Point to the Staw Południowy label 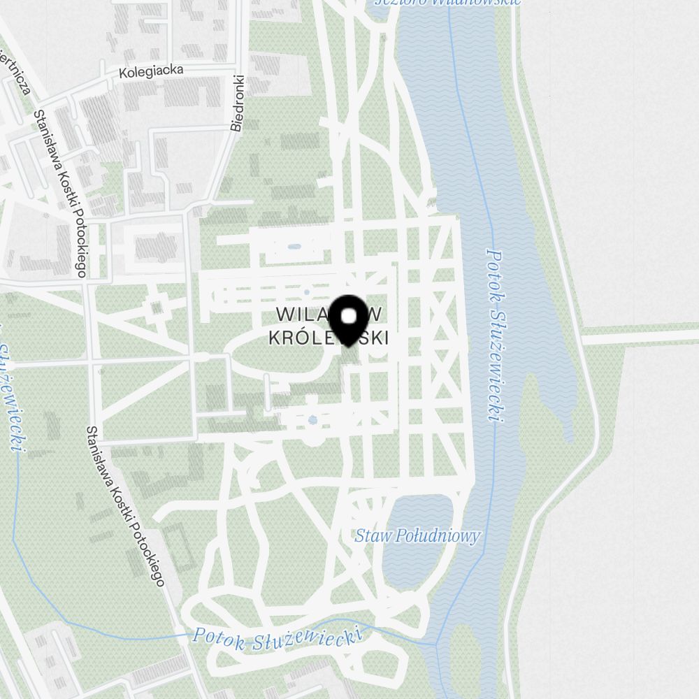tap(417, 536)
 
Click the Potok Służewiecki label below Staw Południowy tap(278, 637)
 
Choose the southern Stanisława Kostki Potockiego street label tap(126, 505)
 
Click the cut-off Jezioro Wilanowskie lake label tap(447, 2)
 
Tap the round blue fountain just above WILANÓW tap(305, 292)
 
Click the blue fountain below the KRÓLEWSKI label tap(312, 420)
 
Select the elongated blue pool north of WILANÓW tap(294, 246)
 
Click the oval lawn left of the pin tap(280, 353)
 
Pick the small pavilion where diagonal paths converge tap(156, 307)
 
